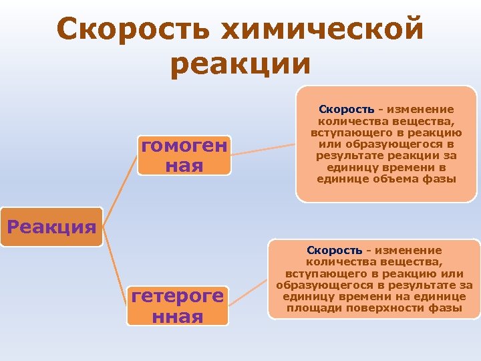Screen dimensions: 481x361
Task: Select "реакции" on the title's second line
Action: click(240, 65)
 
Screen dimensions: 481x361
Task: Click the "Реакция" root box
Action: click(51, 227)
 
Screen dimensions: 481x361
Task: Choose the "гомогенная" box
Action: click(184, 155)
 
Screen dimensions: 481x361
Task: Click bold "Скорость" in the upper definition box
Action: click(346, 109)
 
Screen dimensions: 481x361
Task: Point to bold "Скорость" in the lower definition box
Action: click(335, 249)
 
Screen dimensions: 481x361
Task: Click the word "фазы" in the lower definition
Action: click(447, 308)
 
